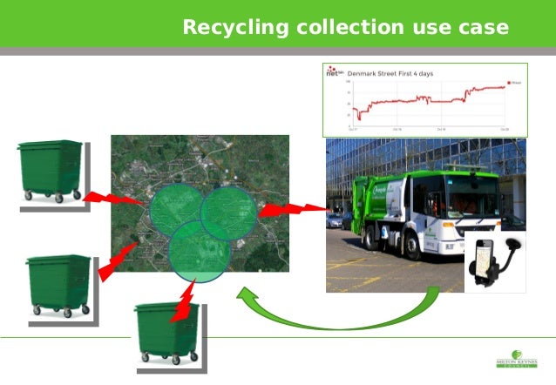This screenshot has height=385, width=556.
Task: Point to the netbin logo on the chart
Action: [x=335, y=73]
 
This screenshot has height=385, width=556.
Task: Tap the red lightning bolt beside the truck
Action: [x=293, y=210]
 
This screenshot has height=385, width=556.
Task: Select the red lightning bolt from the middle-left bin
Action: [x=118, y=261]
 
